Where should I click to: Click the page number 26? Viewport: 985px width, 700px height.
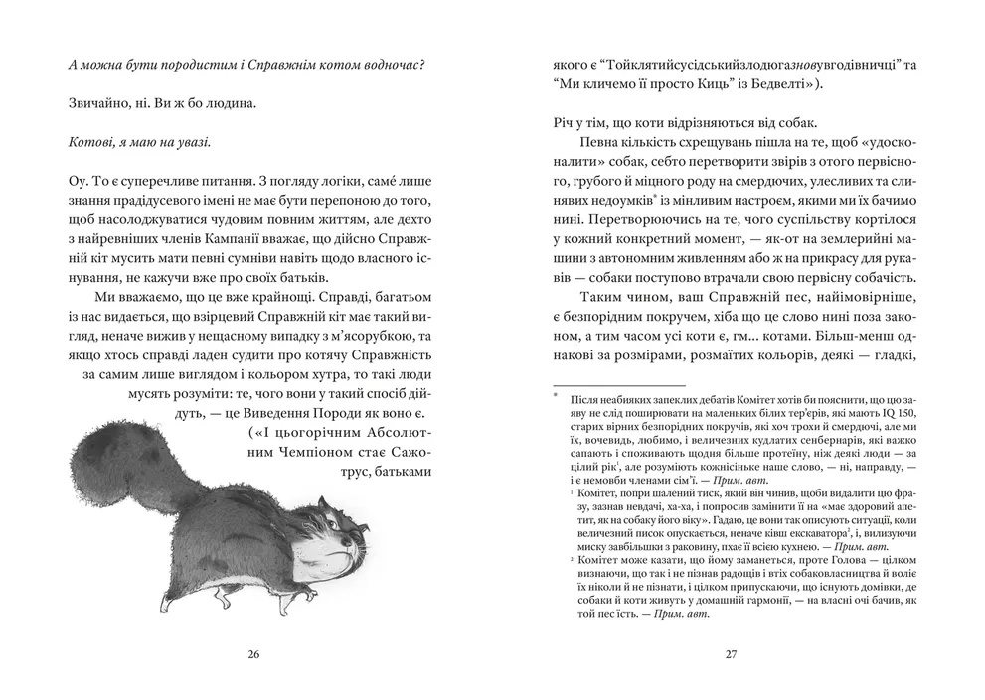[x=253, y=654]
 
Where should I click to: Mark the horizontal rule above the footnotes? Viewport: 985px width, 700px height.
[x=616, y=386]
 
